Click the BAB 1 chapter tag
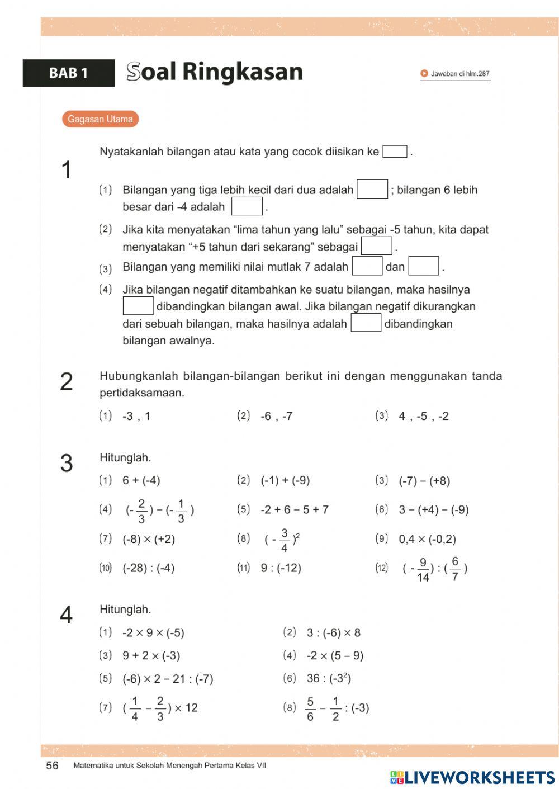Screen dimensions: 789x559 click(x=68, y=73)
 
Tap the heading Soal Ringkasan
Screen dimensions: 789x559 click(x=215, y=72)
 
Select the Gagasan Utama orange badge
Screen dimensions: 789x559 click(x=100, y=119)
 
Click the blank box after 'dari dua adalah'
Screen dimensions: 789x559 click(x=372, y=190)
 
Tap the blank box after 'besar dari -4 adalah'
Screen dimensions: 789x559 click(x=247, y=206)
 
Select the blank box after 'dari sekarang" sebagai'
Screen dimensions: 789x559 click(x=376, y=246)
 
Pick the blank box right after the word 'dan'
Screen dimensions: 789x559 click(x=423, y=266)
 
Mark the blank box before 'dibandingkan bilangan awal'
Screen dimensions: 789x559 click(x=138, y=306)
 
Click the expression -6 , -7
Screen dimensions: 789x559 click(x=276, y=416)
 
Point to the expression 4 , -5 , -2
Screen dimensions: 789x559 click(x=423, y=416)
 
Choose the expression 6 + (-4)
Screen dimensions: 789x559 click(x=141, y=480)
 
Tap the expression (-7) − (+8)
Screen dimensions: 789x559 click(x=424, y=481)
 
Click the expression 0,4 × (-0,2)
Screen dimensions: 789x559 click(x=427, y=539)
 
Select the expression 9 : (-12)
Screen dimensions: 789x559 click(x=281, y=568)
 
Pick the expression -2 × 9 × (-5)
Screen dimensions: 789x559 click(x=153, y=632)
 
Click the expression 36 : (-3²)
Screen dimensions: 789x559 click(x=329, y=678)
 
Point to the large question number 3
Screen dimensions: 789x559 click(x=67, y=464)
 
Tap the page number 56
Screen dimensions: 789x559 click(x=52, y=766)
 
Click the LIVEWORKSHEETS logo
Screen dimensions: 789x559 click(x=472, y=777)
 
